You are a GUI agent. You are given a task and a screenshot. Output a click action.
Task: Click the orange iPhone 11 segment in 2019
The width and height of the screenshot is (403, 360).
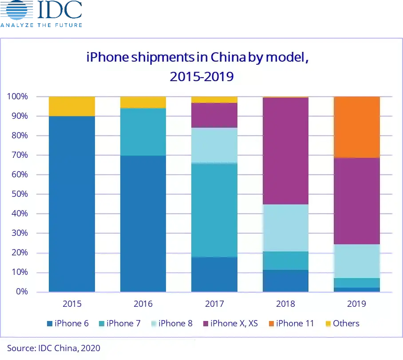[356, 127]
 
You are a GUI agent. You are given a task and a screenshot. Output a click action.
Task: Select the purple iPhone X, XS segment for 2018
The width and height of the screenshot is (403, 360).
[285, 151]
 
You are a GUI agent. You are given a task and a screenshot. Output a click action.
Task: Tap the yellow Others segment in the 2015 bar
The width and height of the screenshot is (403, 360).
[72, 106]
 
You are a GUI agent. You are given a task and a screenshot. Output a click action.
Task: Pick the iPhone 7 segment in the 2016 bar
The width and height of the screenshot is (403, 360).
[143, 132]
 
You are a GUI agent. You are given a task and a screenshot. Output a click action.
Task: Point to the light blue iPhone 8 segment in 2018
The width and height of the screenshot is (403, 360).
[285, 227]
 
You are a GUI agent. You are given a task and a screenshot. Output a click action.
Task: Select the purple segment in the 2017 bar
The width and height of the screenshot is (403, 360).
[214, 115]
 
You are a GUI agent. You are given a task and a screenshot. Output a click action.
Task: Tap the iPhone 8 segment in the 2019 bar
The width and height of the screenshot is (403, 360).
[356, 261]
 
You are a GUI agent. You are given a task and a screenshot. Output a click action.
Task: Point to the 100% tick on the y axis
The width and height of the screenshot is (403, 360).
[18, 97]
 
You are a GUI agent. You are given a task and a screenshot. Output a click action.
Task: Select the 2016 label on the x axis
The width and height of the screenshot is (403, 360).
[143, 304]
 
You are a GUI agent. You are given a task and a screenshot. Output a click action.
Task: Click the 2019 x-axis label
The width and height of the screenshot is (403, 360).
[356, 304]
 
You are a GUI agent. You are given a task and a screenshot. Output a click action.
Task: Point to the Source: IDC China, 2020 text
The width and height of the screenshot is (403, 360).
[53, 348]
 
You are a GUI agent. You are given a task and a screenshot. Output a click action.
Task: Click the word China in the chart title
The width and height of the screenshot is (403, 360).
[228, 58]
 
